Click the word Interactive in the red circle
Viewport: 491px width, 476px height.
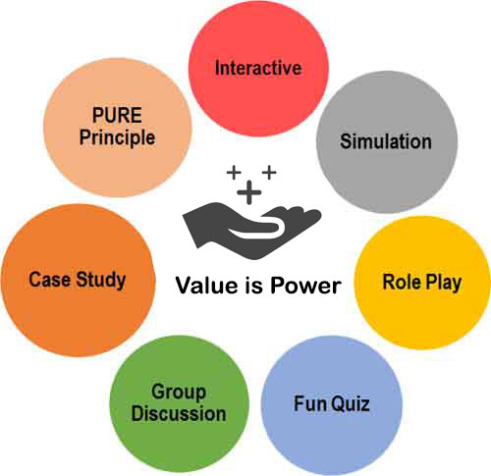258,68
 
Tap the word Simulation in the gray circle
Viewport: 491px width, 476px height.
386,141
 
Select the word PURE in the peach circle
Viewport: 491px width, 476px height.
117,115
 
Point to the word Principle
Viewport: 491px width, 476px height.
117,137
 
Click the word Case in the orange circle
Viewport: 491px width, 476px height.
49,280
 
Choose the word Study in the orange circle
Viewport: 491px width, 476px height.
101,281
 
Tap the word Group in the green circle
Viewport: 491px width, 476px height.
179,393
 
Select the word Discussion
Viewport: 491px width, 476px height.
179,413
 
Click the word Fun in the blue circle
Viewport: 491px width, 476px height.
307,403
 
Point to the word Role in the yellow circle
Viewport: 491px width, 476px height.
401,282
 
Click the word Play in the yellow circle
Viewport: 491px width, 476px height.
443,283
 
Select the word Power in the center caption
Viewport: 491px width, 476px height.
305,286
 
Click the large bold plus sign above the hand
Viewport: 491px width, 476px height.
249,192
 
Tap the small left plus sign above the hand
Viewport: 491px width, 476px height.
234,172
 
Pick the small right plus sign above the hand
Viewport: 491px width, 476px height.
269,172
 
